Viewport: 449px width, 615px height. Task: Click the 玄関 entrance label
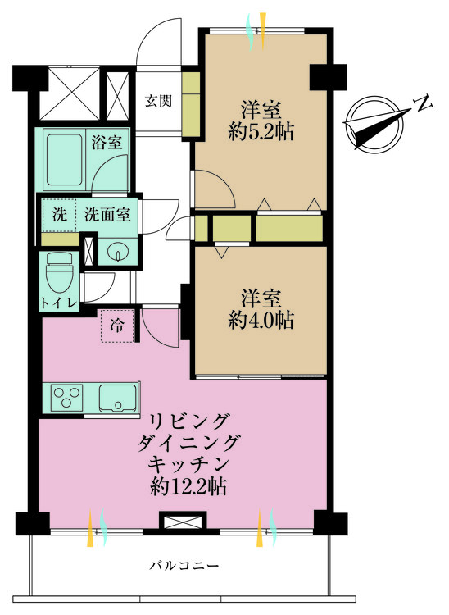pos(158,102)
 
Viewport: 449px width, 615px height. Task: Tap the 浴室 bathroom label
pos(107,142)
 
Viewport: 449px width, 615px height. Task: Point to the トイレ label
pos(59,303)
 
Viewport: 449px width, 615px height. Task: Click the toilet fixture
pos(59,275)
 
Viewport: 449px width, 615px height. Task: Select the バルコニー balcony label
pos(184,566)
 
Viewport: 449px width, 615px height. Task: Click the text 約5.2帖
pos(261,131)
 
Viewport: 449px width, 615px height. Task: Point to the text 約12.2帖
pos(188,486)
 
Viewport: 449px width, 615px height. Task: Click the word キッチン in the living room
pos(188,464)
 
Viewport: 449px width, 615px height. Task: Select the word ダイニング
pos(188,443)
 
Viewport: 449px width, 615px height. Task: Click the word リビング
pos(188,421)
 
